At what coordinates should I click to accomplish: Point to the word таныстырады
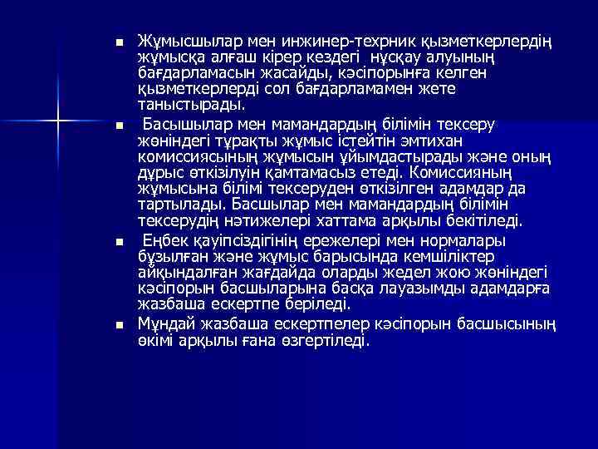click(192, 106)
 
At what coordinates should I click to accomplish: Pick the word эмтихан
click(459, 141)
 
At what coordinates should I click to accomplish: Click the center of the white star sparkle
click(57, 122)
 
